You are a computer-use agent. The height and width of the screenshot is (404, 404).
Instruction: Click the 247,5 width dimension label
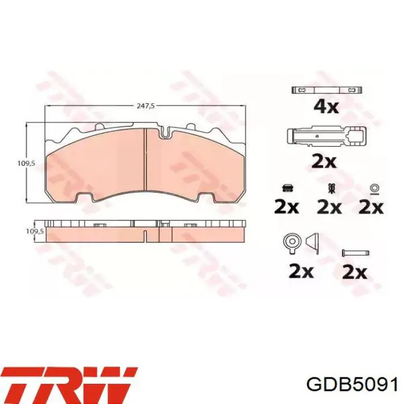(x=145, y=106)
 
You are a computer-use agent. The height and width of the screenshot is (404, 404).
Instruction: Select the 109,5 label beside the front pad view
(x=27, y=163)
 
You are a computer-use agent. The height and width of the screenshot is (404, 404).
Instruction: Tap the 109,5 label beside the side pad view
(x=35, y=231)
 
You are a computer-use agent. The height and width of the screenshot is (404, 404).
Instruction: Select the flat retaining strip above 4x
(x=327, y=90)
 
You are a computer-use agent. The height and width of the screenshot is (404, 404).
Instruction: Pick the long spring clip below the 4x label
(x=326, y=137)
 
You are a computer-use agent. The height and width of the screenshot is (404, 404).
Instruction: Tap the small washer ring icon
(x=373, y=189)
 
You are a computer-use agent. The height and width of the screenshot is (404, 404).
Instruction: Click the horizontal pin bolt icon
(x=356, y=253)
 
